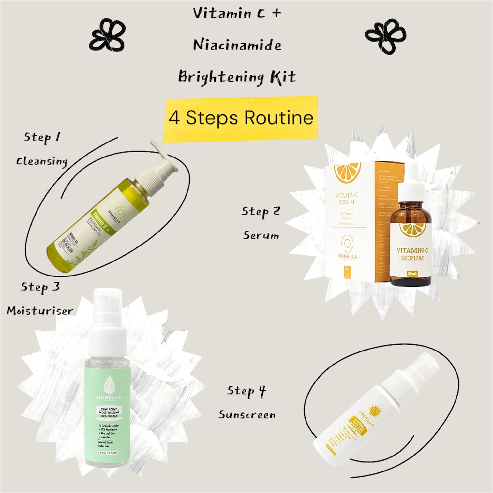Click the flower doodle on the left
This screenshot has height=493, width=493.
click(x=107, y=35)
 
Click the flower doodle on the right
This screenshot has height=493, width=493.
click(x=385, y=36)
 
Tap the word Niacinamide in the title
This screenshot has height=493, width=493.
click(x=237, y=45)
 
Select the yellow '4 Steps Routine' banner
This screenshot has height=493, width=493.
click(x=241, y=118)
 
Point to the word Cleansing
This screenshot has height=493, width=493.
click(x=42, y=161)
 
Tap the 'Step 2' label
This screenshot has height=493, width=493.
click(x=261, y=211)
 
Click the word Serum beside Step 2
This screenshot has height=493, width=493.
click(x=261, y=235)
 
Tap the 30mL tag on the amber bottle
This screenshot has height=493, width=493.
click(x=412, y=273)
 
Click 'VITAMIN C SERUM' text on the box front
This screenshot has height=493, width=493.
click(x=347, y=199)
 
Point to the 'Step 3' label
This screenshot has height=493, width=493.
click(x=40, y=287)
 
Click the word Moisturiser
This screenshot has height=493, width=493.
click(x=40, y=311)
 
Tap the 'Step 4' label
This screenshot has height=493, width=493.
click(x=246, y=391)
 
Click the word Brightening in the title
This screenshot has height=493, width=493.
click(x=221, y=77)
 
